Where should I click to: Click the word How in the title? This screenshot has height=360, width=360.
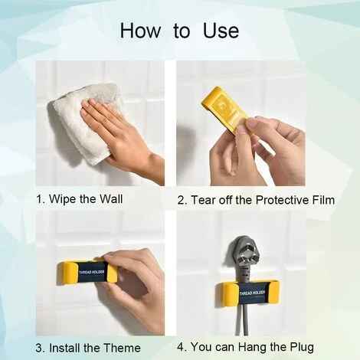(x=140, y=31)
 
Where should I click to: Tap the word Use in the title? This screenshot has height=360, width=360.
(x=221, y=31)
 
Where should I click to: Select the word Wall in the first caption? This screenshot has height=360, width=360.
(x=111, y=198)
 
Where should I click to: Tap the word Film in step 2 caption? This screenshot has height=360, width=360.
(x=323, y=200)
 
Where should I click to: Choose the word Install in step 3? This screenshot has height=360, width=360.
(x=64, y=348)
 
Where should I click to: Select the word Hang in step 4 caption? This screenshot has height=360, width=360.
(x=253, y=348)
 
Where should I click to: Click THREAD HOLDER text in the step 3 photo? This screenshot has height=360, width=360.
(x=92, y=272)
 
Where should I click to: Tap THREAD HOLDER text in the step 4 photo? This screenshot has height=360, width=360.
(x=252, y=293)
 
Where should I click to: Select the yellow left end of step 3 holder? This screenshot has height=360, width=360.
(x=67, y=273)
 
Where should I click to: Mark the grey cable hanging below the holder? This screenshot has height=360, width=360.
(x=241, y=319)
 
